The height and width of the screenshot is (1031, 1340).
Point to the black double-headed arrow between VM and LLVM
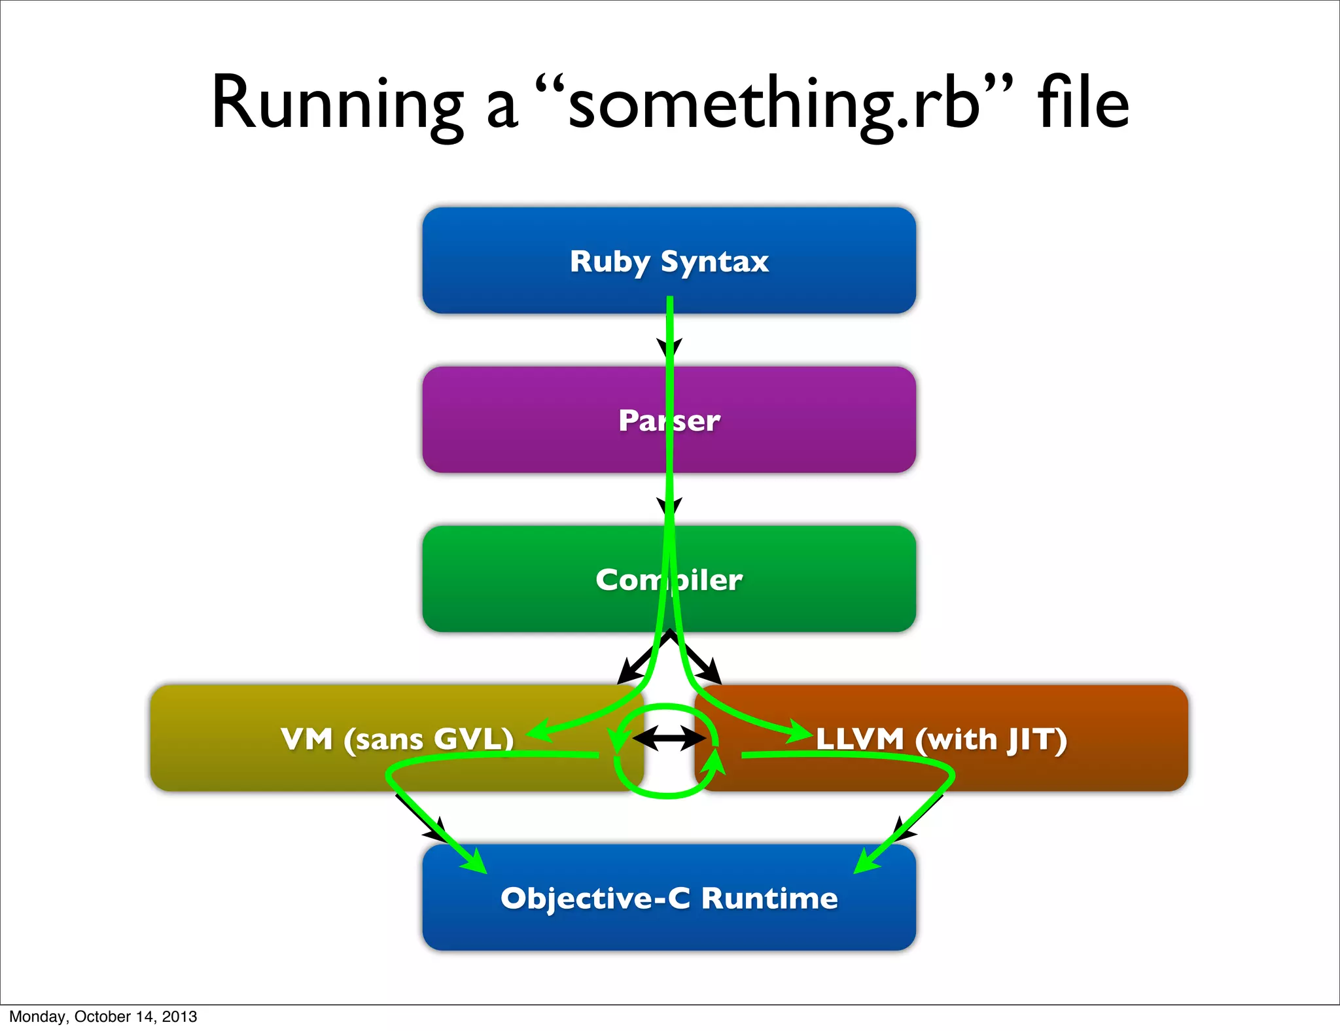pos(669,739)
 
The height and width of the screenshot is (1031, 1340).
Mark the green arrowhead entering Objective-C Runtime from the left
pos(474,861)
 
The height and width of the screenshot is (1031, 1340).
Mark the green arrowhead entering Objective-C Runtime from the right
pos(866,861)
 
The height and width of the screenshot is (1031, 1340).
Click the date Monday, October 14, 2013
pos(103,1016)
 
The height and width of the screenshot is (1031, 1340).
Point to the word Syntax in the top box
pos(714,262)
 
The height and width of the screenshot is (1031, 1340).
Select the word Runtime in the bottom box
pos(769,898)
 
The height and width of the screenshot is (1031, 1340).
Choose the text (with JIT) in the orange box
pos(991,740)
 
